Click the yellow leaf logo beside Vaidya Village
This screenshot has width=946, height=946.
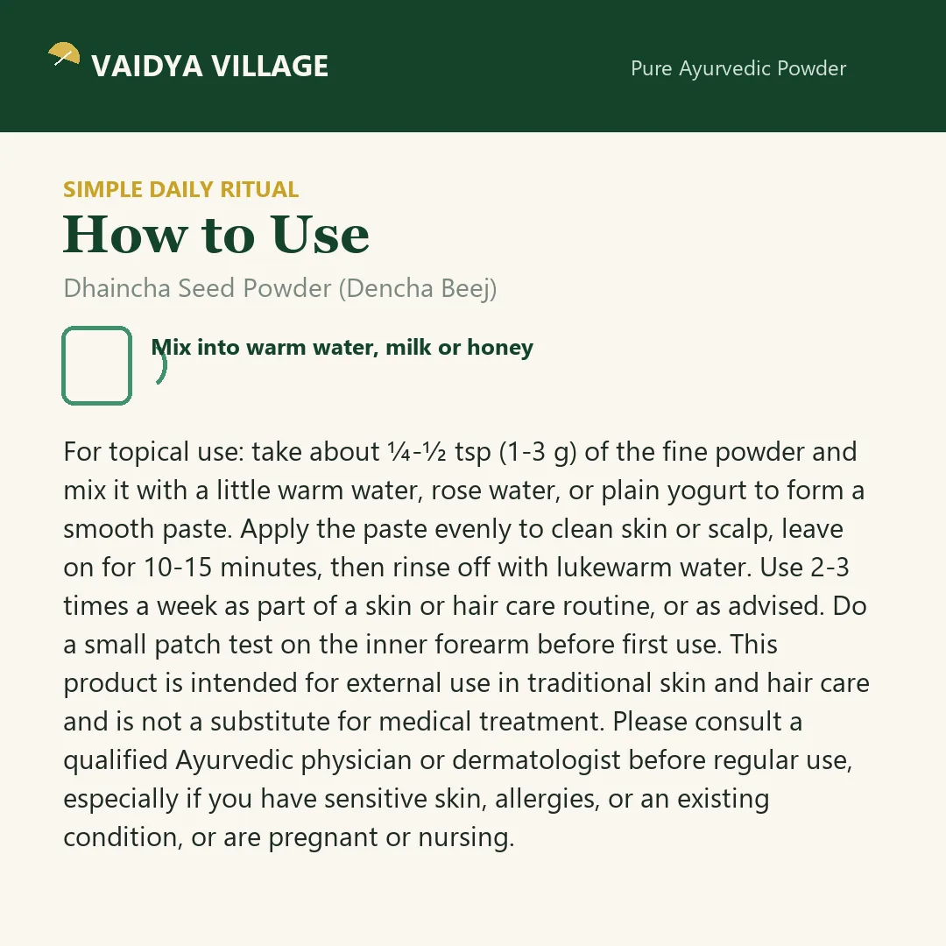(64, 53)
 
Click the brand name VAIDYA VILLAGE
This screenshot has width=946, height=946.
(210, 66)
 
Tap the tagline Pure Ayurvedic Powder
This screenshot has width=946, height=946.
(738, 69)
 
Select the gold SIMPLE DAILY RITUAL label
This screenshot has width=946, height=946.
(181, 189)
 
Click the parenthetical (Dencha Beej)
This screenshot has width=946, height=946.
(418, 289)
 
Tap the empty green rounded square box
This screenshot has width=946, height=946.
(96, 365)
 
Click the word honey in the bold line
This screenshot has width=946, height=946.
(500, 348)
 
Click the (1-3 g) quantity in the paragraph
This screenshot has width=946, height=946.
(538, 453)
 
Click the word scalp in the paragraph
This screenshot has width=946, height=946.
(739, 530)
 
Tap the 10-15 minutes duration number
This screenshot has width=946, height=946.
(178, 568)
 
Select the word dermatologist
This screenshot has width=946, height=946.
(536, 761)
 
